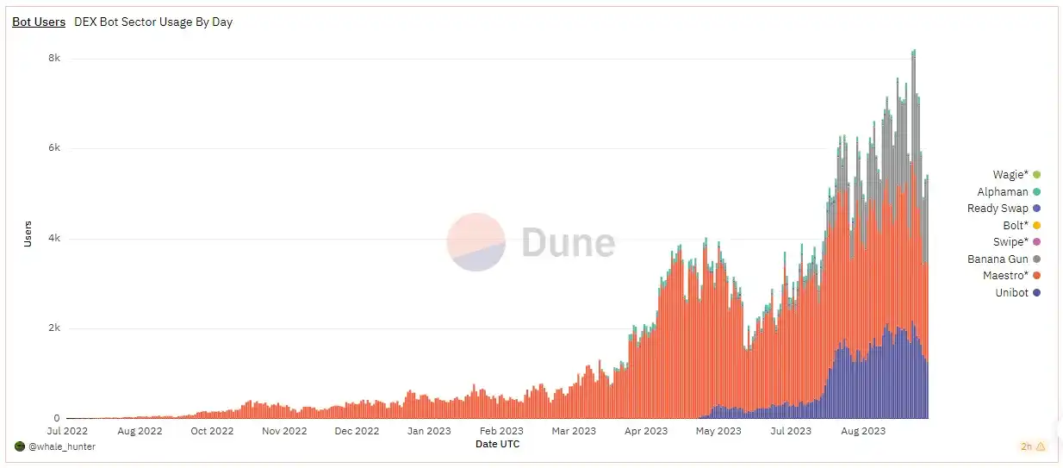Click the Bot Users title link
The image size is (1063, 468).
[39, 22]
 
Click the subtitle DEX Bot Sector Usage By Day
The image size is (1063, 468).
[153, 22]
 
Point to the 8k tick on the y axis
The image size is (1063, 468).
[53, 59]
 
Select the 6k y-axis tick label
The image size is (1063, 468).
[53, 148]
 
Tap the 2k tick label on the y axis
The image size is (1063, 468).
[53, 328]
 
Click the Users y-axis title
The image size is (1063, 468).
[27, 234]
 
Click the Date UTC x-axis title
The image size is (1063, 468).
[497, 444]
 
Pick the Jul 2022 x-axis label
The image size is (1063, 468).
[66, 431]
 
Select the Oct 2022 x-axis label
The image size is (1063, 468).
[211, 431]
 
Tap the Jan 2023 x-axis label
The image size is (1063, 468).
[428, 431]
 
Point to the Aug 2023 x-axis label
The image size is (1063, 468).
[862, 431]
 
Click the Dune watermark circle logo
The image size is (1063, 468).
[476, 242]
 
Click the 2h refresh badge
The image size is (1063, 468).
[1033, 446]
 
